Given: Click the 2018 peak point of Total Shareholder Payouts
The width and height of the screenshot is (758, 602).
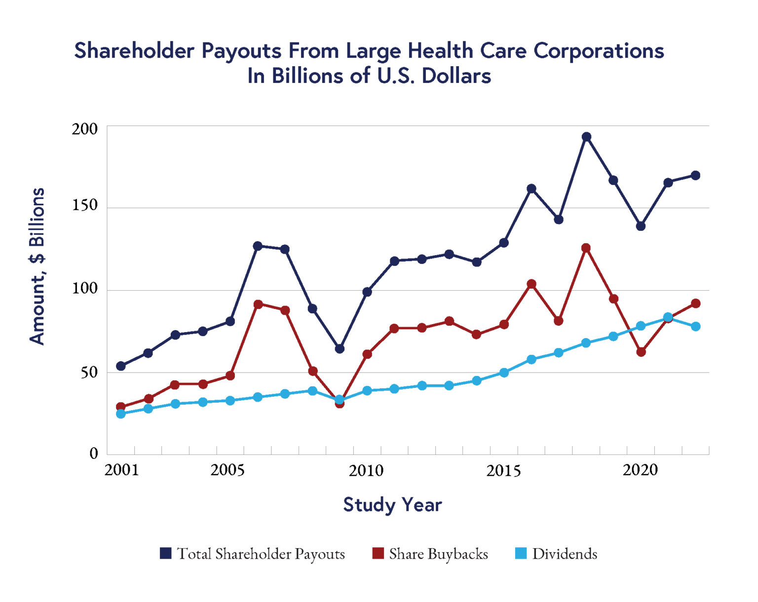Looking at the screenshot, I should click(x=586, y=137).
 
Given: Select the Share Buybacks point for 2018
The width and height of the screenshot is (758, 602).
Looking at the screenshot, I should click(x=586, y=248).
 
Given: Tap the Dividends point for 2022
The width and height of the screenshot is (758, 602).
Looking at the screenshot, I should click(x=696, y=327).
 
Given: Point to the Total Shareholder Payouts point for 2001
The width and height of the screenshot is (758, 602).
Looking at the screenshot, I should click(x=121, y=366).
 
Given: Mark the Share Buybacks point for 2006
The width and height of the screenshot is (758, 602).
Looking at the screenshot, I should click(x=258, y=304).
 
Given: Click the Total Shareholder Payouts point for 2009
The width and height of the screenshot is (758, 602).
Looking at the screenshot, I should click(x=340, y=349).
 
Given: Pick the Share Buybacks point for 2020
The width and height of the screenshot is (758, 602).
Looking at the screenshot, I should click(x=641, y=352).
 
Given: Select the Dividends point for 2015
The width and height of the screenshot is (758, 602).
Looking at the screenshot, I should click(x=504, y=373).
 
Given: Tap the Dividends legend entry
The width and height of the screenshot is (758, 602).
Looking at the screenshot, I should click(x=557, y=554).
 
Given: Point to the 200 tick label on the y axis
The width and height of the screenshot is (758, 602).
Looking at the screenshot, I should click(x=85, y=129).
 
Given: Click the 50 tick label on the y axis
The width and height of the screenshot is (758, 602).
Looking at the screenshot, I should click(x=89, y=372).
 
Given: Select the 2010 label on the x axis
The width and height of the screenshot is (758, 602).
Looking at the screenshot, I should click(x=366, y=470).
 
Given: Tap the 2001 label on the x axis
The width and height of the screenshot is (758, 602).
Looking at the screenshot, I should click(x=122, y=470).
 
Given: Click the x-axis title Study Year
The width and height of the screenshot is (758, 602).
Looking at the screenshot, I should click(x=392, y=505).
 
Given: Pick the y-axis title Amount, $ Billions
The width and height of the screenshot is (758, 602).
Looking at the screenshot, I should click(x=38, y=266).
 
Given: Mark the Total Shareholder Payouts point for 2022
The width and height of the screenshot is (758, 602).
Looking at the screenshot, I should click(x=696, y=176).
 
